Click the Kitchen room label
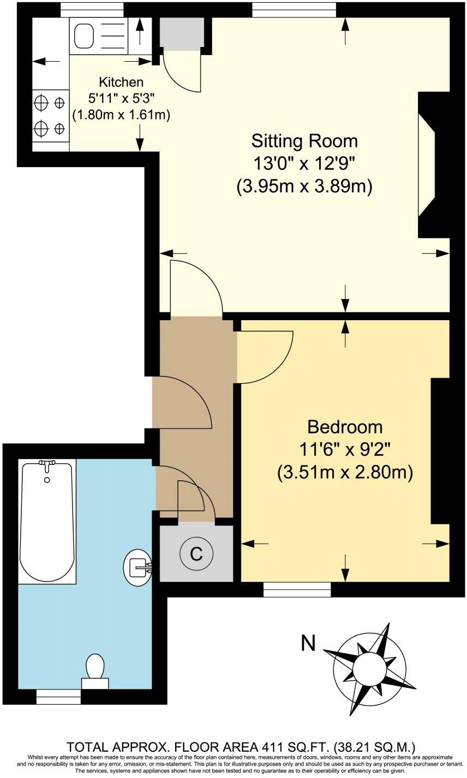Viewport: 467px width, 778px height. tap(121, 82)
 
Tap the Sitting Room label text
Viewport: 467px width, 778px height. tap(304, 141)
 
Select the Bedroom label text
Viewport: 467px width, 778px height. tap(344, 427)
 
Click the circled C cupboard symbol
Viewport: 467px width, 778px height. tap(196, 554)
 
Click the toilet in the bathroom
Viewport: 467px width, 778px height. tap(95, 669)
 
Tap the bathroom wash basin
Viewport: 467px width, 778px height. tap(137, 566)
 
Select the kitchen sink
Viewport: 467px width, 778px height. tap(85, 37)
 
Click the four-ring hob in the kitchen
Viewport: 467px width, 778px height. tap(50, 115)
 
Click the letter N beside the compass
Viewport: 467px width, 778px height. tap(309, 644)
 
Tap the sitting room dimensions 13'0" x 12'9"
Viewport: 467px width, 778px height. tap(304, 163)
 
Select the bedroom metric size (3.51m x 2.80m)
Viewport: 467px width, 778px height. tap(344, 471)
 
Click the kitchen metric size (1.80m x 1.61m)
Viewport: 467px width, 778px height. tap(121, 115)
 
